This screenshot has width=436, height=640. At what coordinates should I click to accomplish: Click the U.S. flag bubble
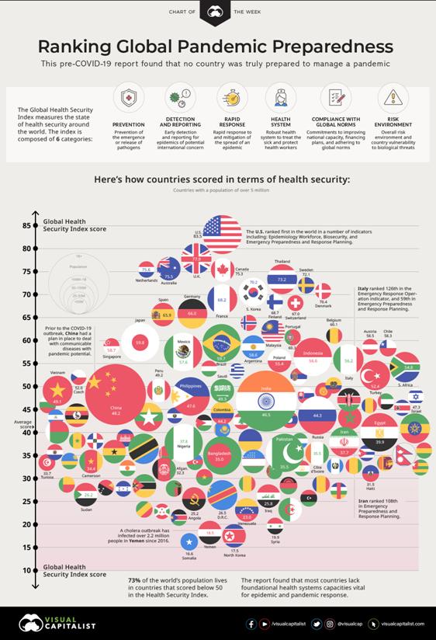(x=222, y=235)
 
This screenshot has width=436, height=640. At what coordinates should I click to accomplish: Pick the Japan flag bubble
(x=140, y=342)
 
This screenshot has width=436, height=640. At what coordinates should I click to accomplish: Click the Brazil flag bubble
(x=221, y=346)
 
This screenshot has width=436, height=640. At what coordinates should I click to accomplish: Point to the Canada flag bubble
(x=222, y=270)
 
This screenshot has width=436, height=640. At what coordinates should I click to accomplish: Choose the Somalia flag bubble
(x=190, y=541)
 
